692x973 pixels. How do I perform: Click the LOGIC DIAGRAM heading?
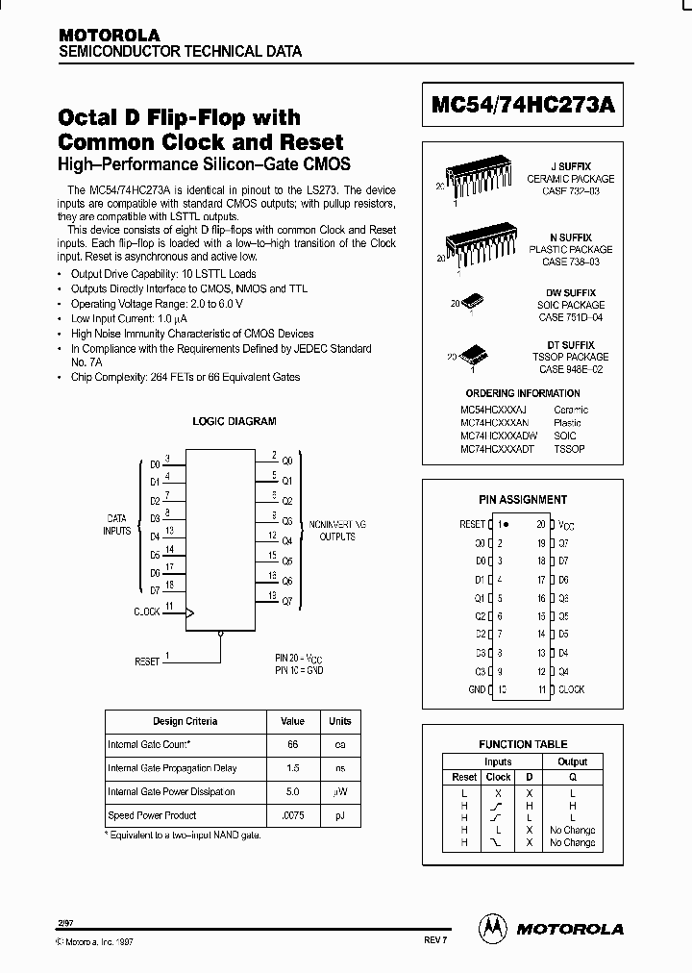click(x=235, y=421)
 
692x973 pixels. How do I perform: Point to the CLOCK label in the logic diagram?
click(x=146, y=611)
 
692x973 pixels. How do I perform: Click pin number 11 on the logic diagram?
click(x=169, y=606)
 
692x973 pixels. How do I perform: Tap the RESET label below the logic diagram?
click(x=147, y=661)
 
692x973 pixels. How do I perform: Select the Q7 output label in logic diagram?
click(x=286, y=601)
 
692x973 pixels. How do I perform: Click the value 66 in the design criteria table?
click(x=292, y=745)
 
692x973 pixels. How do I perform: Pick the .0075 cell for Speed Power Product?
click(x=292, y=815)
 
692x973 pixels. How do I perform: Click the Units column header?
click(x=340, y=721)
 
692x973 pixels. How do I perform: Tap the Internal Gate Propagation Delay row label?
click(x=172, y=768)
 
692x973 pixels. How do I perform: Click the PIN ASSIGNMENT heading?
click(x=523, y=500)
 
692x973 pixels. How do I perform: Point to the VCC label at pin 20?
click(x=567, y=525)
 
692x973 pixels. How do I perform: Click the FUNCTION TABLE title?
click(x=523, y=744)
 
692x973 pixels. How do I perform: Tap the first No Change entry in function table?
click(x=572, y=830)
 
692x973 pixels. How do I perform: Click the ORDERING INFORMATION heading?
click(x=523, y=393)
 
